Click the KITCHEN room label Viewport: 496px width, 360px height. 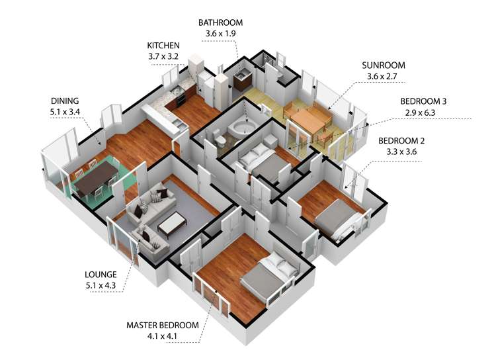point(163,46)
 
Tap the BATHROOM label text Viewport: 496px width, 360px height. point(220,22)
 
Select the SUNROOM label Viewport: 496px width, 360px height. point(384,66)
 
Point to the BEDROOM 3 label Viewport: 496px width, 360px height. point(423,102)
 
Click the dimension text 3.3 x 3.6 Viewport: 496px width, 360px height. point(401,152)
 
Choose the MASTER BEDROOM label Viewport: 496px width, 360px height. point(163,326)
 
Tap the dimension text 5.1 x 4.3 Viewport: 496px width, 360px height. point(101,286)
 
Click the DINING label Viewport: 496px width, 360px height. point(65,101)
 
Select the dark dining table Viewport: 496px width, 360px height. point(96,178)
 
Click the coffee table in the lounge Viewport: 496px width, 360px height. point(172,224)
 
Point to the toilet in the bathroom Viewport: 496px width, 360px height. point(219,138)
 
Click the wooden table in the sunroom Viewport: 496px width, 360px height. point(311,122)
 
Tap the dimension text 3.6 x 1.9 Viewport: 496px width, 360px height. point(220,34)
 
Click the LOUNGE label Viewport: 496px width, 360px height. point(101,275)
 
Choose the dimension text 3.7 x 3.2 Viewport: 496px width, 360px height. point(163,57)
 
